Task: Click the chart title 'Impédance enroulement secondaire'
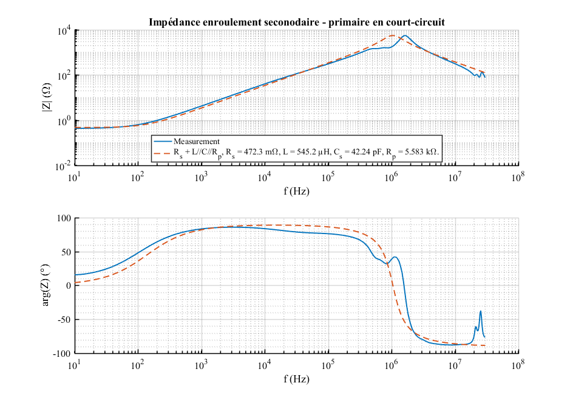pos(297,22)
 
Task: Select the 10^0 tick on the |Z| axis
pos(64,120)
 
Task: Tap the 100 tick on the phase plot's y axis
pos(63,218)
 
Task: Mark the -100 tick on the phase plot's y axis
pos(61,353)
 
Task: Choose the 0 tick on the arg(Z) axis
pos(69,285)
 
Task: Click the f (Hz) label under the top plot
pos(296,191)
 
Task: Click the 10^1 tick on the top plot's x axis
pos(75,178)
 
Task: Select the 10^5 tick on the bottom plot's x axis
pos(328,365)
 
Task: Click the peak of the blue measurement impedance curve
pos(405,35)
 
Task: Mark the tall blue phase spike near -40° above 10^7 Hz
pos(481,311)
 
